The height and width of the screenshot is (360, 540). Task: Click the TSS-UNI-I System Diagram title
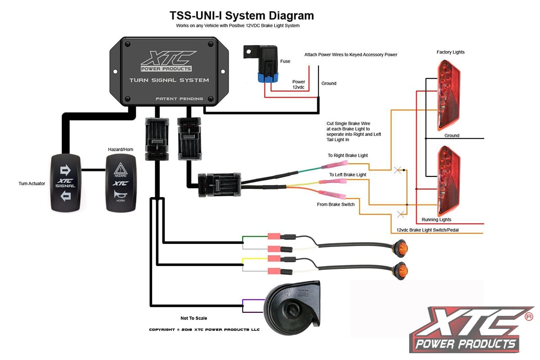(242, 16)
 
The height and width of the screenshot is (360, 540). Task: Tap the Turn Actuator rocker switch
(66, 183)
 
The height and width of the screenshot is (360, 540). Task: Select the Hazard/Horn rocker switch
(120, 183)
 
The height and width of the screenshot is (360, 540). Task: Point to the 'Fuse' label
(285, 61)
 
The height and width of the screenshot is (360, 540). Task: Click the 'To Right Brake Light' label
(347, 156)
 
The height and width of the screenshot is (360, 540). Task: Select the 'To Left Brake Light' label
(347, 175)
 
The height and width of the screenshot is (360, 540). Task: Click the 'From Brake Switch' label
(336, 204)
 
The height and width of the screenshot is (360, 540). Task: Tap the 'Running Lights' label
(436, 220)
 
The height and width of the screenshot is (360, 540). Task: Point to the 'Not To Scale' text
(194, 318)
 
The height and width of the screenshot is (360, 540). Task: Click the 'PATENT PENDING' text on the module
(179, 99)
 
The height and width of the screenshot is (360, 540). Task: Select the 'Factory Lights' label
(450, 52)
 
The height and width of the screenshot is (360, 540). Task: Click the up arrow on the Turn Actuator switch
(66, 170)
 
